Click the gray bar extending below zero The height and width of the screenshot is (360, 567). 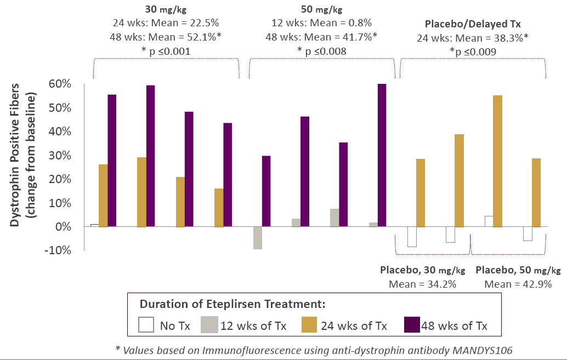tap(258, 238)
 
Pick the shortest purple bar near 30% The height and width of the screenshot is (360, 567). tap(267, 191)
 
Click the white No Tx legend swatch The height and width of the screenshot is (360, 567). tap(146, 325)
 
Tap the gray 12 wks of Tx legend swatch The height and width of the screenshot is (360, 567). tap(208, 325)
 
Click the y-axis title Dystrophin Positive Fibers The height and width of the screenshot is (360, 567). tap(16, 155)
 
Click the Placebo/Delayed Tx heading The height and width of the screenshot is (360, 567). tap(473, 24)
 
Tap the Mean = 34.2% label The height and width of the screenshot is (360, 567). tap(422, 284)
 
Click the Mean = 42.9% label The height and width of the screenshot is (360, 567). tap(518, 284)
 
